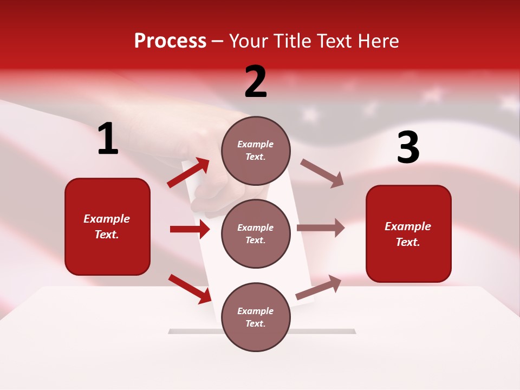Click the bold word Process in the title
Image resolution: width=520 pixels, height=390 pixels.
(x=170, y=41)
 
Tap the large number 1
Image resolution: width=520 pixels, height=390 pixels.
(x=108, y=139)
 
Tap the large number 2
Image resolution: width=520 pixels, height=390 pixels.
(x=256, y=82)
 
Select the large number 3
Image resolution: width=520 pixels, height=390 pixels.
(x=408, y=148)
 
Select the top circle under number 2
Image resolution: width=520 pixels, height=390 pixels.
(x=256, y=151)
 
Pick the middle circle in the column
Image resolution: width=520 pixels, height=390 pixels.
(x=256, y=233)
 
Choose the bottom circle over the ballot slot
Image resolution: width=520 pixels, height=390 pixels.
(x=256, y=317)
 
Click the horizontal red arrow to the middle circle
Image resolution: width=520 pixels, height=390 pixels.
(x=190, y=229)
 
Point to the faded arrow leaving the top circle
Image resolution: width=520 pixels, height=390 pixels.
(x=322, y=173)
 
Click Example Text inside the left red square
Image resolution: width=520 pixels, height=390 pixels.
(x=107, y=226)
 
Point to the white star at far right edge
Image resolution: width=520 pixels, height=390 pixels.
(x=509, y=101)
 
